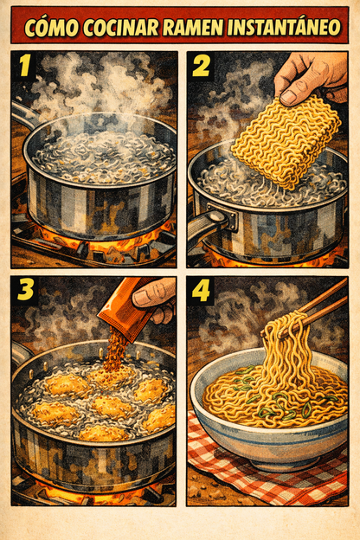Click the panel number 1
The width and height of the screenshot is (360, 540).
tap(24, 67)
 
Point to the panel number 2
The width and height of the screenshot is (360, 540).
tap(202, 67)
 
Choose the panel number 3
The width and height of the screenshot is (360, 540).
tap(25, 290)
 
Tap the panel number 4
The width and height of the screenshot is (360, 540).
tap(202, 290)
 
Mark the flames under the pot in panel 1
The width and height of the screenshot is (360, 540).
tap(95, 247)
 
